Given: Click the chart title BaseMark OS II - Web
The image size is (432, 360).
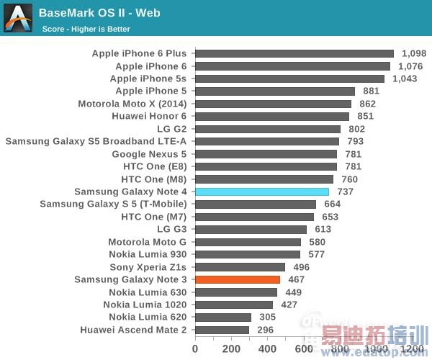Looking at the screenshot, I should coord(99,12).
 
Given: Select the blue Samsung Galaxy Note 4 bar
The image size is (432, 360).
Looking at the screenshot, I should coord(262,192).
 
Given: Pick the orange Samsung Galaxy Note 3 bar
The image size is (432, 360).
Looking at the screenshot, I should coord(238,279).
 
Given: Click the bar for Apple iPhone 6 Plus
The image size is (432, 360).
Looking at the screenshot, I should coord(294,53).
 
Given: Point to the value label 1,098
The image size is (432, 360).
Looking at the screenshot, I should coord(414,53).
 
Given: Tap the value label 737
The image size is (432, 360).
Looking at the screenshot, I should coord(346,192).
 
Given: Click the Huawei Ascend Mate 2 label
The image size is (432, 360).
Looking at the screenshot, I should coord(133,330).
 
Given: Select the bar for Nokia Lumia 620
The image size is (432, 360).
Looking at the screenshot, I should coord(223,318).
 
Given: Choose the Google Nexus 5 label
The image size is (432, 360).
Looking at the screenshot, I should coord(149,154).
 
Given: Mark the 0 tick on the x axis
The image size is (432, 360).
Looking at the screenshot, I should coord(195,349).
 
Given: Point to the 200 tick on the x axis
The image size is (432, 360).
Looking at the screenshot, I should coord(231,349).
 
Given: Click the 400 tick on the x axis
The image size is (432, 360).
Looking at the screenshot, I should coord(268,349).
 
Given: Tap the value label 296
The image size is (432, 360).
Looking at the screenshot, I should coord(266,330).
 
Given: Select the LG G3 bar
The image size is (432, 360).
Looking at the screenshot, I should coord(251,230).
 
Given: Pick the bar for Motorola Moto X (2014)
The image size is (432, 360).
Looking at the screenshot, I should coord(273,104).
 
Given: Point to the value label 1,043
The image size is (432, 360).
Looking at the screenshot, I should coord(405,78).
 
